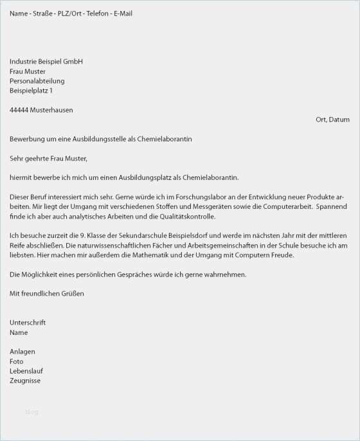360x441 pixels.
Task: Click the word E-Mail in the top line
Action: tap(123, 14)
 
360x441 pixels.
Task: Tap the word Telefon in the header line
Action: tap(96, 14)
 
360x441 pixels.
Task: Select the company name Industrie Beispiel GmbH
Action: tap(46, 62)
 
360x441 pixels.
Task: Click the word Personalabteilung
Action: tap(37, 81)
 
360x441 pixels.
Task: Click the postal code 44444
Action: tap(19, 110)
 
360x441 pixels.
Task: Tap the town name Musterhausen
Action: tap(51, 110)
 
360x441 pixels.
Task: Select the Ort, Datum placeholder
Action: tap(332, 120)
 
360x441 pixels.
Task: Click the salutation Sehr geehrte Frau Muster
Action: tap(48, 158)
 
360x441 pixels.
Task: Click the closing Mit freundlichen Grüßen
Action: tap(47, 293)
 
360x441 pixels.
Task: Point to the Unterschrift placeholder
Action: tap(28, 322)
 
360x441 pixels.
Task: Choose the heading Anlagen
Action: tap(22, 352)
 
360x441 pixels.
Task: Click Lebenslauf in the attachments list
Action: tap(26, 371)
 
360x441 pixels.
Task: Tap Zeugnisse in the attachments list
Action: tap(25, 381)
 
